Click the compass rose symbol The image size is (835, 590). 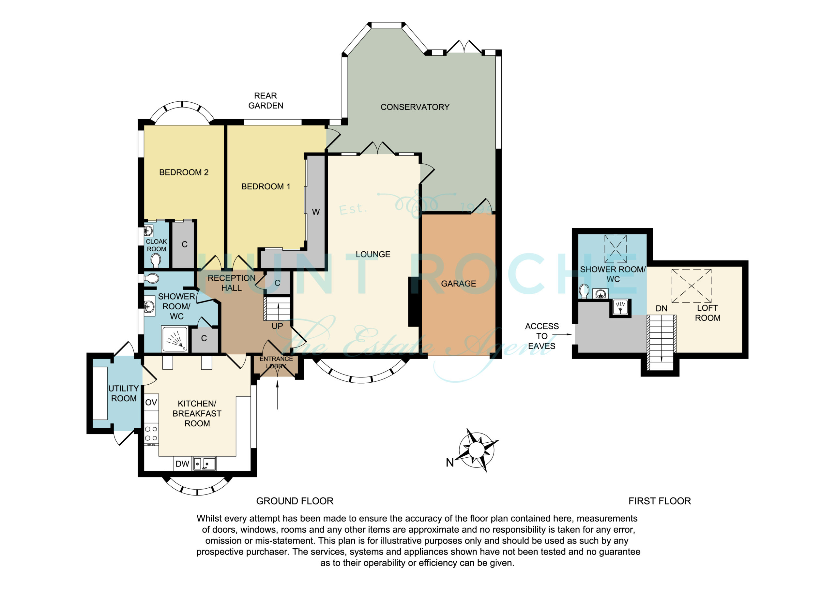[x=477, y=450]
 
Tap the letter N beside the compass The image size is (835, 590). [x=450, y=463]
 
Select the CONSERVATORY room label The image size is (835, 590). [x=415, y=107]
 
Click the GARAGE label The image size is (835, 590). [x=458, y=284]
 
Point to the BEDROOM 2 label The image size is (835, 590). [x=184, y=172]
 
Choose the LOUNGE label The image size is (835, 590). [x=373, y=255]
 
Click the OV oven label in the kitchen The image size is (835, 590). [x=151, y=403]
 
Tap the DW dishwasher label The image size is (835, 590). [x=182, y=464]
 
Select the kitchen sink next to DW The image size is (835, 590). [x=204, y=464]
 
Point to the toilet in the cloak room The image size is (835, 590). [x=156, y=260]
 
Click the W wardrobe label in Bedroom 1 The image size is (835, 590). [x=316, y=212]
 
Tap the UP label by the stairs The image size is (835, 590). [x=277, y=326]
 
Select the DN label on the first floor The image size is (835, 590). [x=661, y=309]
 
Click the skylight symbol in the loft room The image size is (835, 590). [x=691, y=286]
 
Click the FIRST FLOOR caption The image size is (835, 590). [x=659, y=501]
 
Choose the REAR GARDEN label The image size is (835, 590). [x=266, y=101]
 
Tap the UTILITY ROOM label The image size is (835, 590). [x=124, y=393]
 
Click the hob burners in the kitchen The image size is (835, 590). [x=151, y=434]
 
